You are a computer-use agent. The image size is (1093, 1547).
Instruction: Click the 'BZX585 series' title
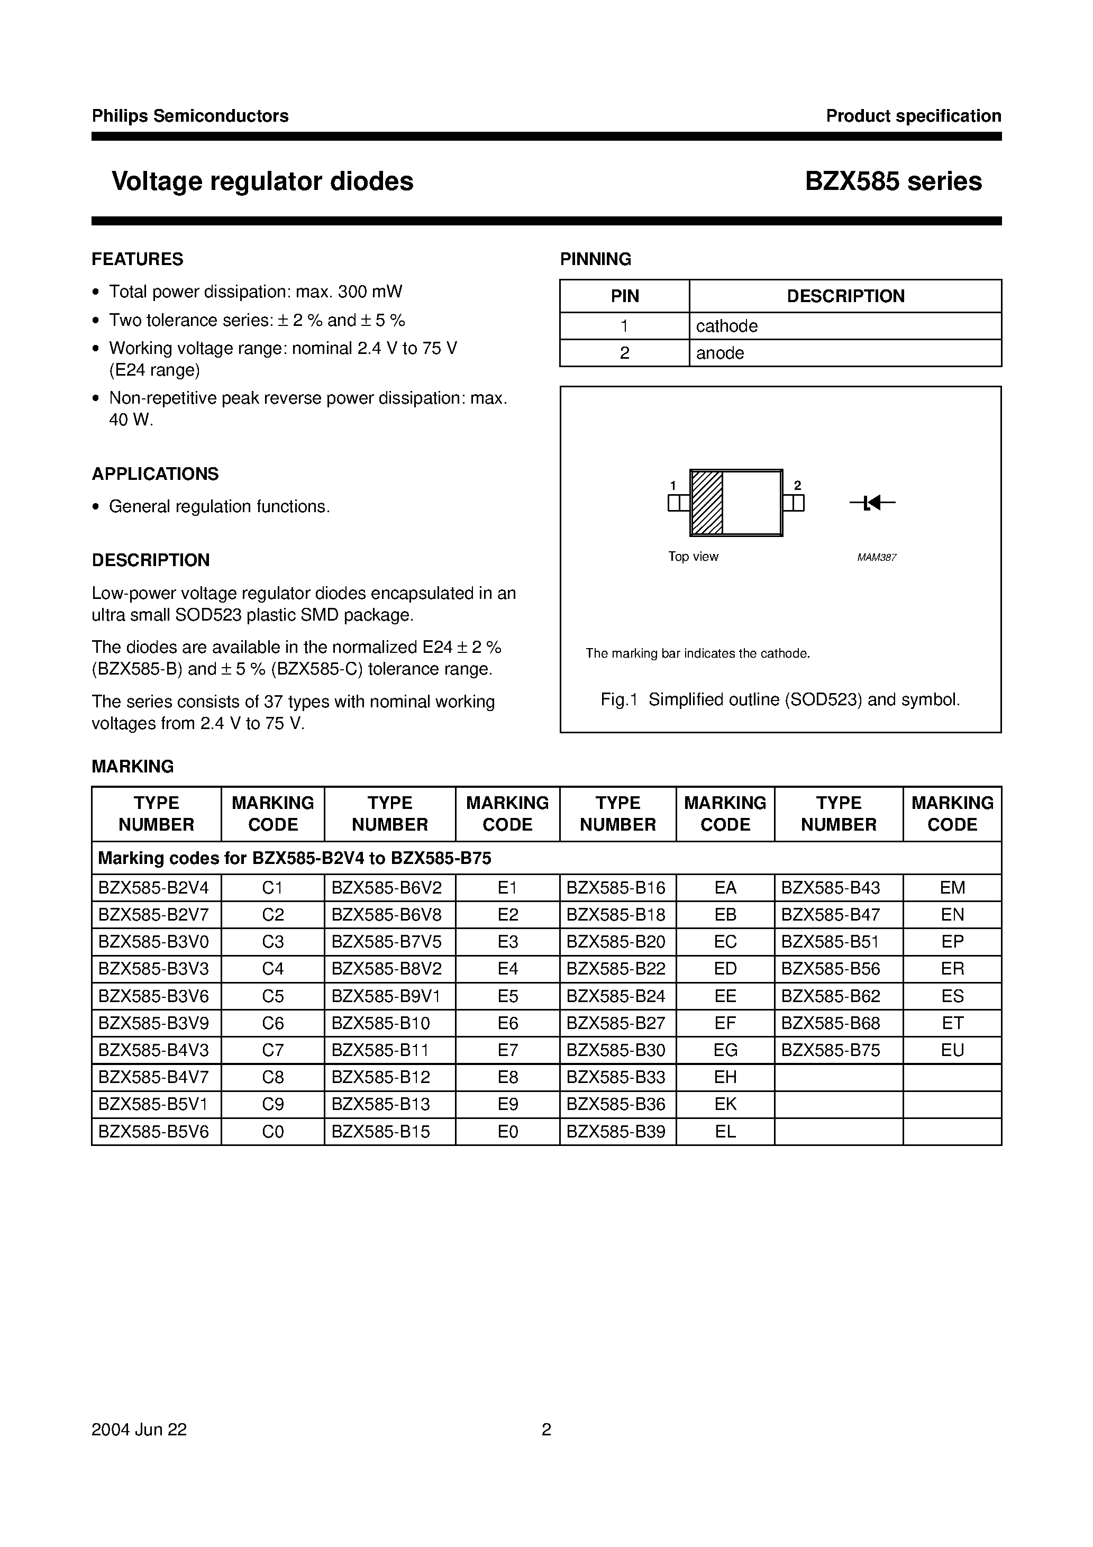coord(893,181)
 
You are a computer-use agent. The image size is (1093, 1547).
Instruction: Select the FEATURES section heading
coord(138,259)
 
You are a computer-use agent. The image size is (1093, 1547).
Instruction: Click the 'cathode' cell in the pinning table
coord(726,326)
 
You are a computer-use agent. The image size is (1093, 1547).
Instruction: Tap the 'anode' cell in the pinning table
coord(719,353)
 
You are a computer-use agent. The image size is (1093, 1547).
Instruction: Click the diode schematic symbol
coord(872,503)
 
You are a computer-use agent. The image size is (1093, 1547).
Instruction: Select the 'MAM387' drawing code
coord(877,558)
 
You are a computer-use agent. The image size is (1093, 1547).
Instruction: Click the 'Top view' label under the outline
coord(693,557)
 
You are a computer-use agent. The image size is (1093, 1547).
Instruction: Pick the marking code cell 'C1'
coord(273,888)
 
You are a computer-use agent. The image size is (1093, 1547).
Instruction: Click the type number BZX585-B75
coord(831,1050)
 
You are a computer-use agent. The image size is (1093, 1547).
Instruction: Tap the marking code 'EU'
coord(952,1050)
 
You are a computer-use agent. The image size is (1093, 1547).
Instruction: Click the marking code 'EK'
coord(725,1104)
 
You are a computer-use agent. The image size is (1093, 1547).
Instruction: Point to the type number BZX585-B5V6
coord(153,1131)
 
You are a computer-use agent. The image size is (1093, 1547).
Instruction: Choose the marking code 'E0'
coord(507,1131)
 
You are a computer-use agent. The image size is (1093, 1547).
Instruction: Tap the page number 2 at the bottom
coord(546,1430)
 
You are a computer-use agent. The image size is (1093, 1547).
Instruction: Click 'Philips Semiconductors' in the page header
coord(190,116)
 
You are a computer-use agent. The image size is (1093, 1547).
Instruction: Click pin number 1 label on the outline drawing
coord(672,485)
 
